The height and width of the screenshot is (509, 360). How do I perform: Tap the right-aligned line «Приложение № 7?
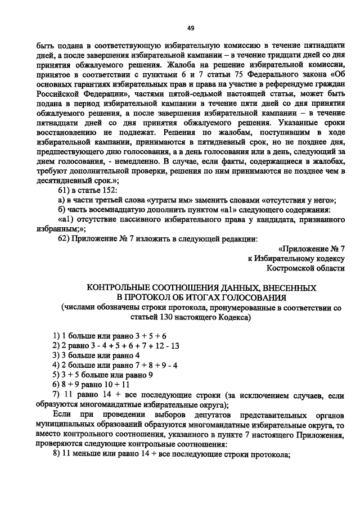[312, 248]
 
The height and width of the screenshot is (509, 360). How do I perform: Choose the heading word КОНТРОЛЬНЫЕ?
[118, 287]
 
